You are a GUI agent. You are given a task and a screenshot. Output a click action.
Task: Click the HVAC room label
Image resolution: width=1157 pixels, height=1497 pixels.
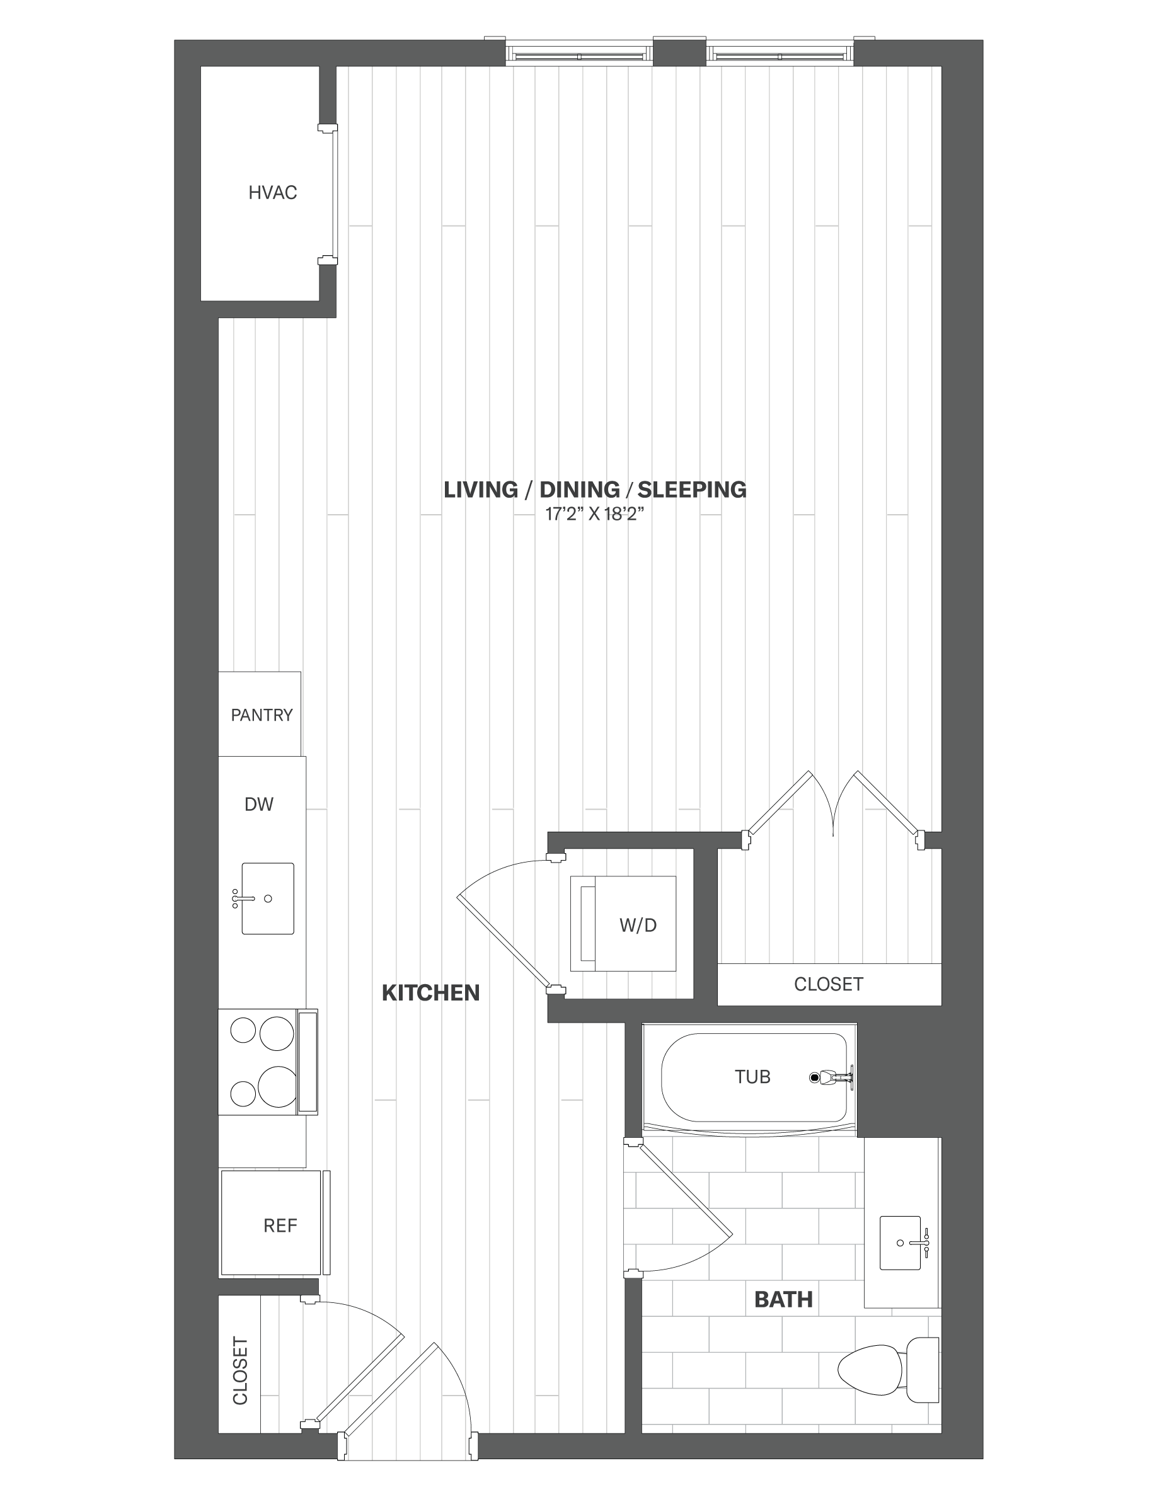[272, 193]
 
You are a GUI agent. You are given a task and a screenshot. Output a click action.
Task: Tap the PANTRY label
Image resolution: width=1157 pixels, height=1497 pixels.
[261, 715]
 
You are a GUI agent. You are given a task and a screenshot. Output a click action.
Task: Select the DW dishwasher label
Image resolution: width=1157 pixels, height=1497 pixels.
[258, 804]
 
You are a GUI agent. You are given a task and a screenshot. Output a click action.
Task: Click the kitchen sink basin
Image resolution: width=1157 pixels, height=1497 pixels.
[267, 898]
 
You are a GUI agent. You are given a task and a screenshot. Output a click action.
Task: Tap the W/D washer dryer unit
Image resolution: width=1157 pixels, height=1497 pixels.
[624, 923]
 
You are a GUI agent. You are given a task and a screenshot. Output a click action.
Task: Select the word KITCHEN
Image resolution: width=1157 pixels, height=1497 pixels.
[430, 992]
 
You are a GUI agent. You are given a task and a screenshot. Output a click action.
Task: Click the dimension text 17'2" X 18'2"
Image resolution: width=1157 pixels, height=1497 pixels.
[594, 514]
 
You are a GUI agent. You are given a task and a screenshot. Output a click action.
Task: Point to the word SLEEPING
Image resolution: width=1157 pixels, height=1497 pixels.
[691, 490]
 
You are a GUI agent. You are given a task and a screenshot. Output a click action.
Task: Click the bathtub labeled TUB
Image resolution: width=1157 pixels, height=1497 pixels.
[752, 1077]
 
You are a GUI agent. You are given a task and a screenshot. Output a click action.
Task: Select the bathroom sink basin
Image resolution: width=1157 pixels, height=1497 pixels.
[900, 1242]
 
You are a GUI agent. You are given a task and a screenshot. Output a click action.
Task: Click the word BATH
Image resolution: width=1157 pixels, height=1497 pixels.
[783, 1299]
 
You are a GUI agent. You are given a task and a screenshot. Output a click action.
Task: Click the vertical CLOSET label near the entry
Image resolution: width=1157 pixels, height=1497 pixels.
[240, 1370]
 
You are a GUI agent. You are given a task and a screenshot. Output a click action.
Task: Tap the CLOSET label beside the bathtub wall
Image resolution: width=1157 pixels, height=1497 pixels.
[828, 984]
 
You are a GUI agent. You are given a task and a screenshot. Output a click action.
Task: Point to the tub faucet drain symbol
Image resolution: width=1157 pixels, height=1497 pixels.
[815, 1077]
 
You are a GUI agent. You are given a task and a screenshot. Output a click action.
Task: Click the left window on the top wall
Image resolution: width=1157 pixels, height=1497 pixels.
[579, 54]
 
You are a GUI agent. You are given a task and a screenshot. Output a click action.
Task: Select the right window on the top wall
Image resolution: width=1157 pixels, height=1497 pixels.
[780, 54]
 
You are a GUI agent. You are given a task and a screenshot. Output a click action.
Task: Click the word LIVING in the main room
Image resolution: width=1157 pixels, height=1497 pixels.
[480, 490]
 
